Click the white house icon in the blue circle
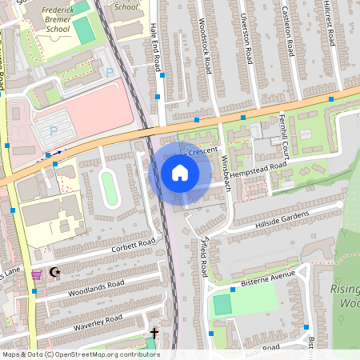click(180, 173)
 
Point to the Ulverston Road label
click(249, 37)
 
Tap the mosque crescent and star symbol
click(55, 273)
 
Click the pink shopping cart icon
click(37, 274)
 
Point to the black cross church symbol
click(154, 332)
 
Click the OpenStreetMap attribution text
click(80, 354)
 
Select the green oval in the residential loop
click(110, 189)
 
